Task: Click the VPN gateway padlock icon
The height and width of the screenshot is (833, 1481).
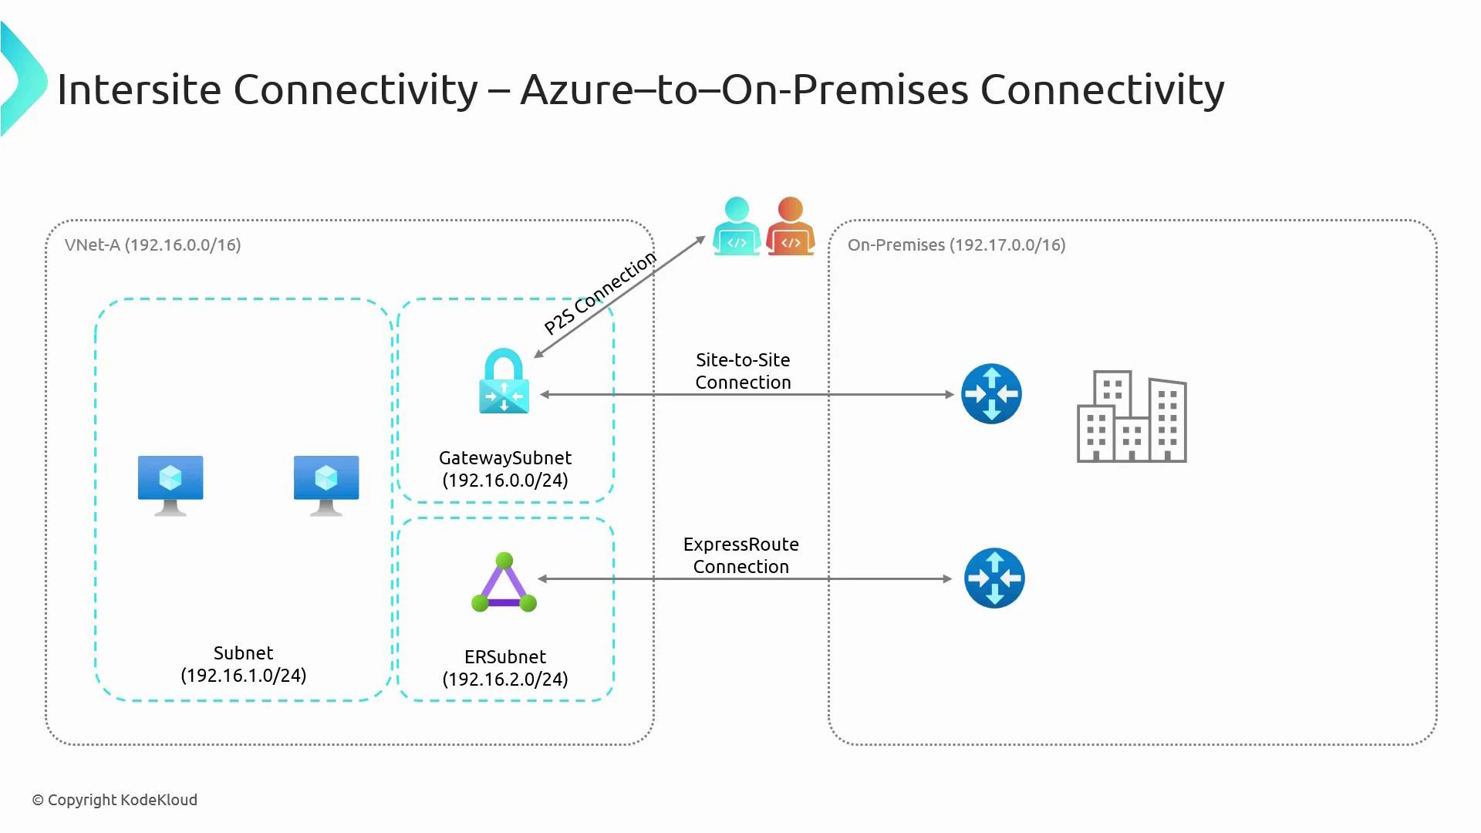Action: [x=504, y=382]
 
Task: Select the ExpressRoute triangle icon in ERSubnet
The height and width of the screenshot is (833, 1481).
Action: [x=504, y=584]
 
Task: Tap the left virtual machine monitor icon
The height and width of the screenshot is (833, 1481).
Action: [x=170, y=484]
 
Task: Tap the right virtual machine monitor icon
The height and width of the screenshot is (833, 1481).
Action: [x=326, y=484]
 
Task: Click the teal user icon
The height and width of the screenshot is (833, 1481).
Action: [x=737, y=227]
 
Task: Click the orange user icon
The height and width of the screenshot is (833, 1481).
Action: [x=791, y=227]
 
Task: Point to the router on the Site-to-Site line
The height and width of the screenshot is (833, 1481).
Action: [x=991, y=394]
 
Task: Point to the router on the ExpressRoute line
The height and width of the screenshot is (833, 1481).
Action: [x=994, y=578]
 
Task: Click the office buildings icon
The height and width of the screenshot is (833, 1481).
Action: [x=1132, y=417]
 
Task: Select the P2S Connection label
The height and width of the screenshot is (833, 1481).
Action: [x=600, y=293]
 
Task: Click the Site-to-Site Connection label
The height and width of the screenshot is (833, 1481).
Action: [x=743, y=371]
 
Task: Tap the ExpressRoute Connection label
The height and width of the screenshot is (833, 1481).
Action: [x=740, y=555]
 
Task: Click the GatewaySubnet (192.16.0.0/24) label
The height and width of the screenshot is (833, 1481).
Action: [x=505, y=469]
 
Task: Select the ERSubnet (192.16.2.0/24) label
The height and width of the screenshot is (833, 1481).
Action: [x=505, y=668]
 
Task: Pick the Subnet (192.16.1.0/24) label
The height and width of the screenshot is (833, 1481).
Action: [x=244, y=664]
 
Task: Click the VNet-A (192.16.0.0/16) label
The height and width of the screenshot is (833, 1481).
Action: [x=153, y=245]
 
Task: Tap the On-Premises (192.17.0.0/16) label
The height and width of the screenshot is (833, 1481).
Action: [x=956, y=245]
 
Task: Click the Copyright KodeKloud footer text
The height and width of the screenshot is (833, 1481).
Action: [x=115, y=800]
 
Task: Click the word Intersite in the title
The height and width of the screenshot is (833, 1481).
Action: [x=139, y=89]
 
